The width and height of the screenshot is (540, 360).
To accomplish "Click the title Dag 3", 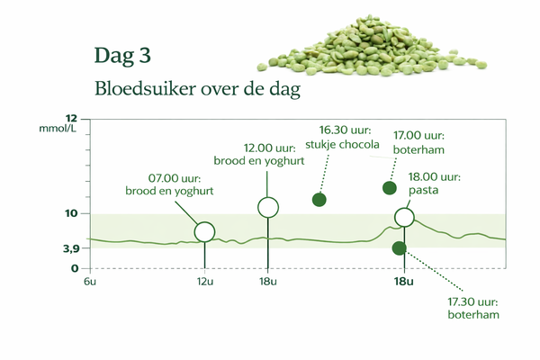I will [x=121, y=56].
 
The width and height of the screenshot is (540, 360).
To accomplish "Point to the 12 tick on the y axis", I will [x=72, y=118].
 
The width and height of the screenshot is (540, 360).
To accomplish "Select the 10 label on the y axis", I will [x=72, y=214].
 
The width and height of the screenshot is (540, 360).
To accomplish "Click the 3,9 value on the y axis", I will [x=70, y=248].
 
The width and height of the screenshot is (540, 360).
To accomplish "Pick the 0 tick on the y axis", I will [x=76, y=268].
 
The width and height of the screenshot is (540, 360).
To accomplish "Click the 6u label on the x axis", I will [x=89, y=283].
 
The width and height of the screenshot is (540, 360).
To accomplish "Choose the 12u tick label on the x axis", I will [x=205, y=283].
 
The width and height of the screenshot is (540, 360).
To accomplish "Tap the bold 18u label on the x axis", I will [x=404, y=283].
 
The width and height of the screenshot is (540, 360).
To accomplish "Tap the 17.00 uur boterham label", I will [x=418, y=144].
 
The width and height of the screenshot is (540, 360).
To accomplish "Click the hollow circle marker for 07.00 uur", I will [x=205, y=231].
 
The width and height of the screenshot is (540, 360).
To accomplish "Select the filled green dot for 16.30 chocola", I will [x=319, y=200].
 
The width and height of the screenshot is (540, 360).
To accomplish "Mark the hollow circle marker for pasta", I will [x=404, y=217].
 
